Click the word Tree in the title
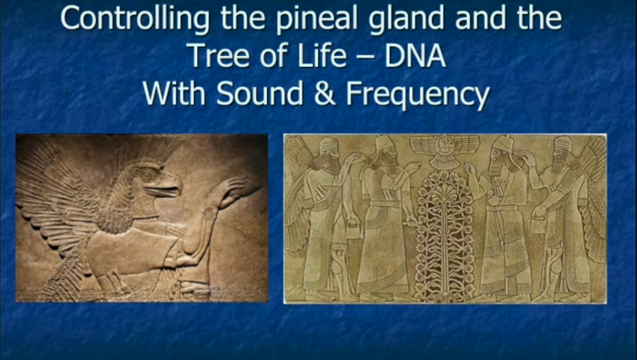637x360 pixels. coord(219,56)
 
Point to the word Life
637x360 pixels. coord(322,56)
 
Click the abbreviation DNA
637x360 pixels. coord(415,56)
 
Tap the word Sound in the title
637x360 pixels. coord(259,94)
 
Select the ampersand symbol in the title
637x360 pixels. coord(324,94)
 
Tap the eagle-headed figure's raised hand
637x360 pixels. coord(240,190)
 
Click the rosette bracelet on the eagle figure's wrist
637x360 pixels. coord(210,214)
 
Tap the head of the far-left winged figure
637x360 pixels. coord(328,152)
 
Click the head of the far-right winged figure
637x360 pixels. coord(561,152)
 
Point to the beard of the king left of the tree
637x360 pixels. coord(389,164)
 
